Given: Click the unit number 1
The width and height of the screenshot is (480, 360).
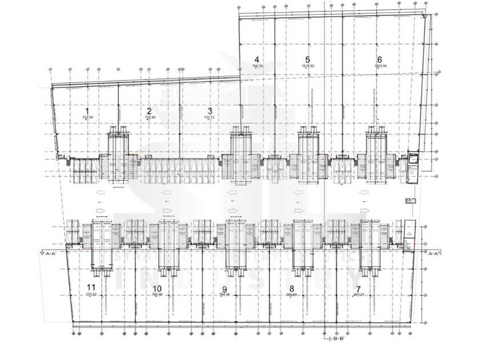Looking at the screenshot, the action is coord(87,111).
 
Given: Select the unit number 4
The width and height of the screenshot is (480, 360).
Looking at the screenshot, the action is coord(257,59).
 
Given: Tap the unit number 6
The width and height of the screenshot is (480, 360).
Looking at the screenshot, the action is coord(379,59).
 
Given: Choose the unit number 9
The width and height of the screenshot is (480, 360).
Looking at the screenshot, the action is coord(225,289).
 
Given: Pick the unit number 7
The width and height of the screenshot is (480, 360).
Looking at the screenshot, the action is coord(359,289).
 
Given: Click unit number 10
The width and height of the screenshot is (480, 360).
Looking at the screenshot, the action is coord(158,288).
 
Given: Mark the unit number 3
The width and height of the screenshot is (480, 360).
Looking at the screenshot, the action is coord(210,111).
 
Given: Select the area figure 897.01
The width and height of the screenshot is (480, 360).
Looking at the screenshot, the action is coord(359,295).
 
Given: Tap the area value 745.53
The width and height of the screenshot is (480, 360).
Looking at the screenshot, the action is coord(210,117).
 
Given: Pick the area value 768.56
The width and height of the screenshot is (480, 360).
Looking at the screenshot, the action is coord(257,66).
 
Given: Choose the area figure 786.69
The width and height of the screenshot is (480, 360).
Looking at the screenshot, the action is coord(291,295).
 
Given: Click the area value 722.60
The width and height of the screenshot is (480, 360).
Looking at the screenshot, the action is coord(150,117).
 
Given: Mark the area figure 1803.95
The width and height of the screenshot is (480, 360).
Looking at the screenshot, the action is coord(380,66).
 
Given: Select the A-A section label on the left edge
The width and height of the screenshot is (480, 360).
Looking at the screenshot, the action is coord(49,252).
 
